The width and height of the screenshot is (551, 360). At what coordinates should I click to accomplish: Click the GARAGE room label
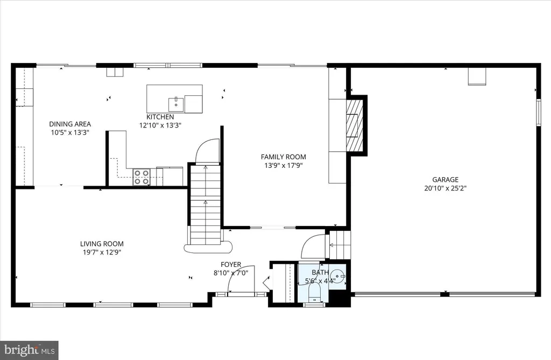click(445, 180)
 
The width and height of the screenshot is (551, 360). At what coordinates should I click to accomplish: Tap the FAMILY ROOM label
click(283, 157)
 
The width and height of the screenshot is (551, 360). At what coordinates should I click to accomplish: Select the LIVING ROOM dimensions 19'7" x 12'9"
click(102, 252)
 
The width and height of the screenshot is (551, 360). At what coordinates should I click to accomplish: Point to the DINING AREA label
click(70, 124)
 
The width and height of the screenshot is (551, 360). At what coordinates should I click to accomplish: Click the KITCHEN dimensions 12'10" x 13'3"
click(160, 125)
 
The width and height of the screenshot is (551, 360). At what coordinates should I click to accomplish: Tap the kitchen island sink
click(176, 104)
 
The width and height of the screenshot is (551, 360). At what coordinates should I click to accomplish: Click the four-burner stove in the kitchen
click(142, 177)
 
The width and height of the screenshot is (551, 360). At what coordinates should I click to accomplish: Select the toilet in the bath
click(314, 293)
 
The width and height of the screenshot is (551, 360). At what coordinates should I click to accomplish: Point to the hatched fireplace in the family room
click(354, 124)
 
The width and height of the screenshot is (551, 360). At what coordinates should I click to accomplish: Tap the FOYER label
click(231, 264)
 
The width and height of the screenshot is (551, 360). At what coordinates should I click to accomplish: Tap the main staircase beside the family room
click(206, 205)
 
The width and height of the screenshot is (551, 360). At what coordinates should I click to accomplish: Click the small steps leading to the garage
click(340, 245)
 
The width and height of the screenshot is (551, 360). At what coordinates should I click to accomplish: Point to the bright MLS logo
click(29, 350)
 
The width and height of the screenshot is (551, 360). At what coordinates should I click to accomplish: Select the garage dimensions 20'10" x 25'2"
click(445, 188)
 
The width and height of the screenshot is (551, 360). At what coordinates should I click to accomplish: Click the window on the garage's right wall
click(538, 112)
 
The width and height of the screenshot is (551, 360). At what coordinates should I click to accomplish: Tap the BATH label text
click(320, 272)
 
